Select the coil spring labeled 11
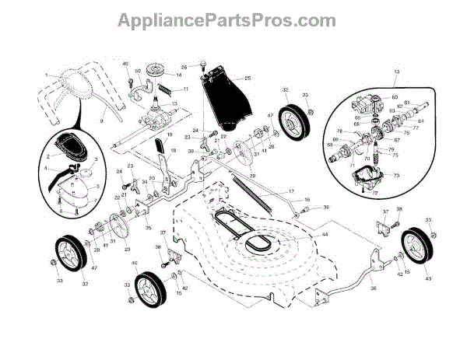166,92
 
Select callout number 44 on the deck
325,234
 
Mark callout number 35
148,229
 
